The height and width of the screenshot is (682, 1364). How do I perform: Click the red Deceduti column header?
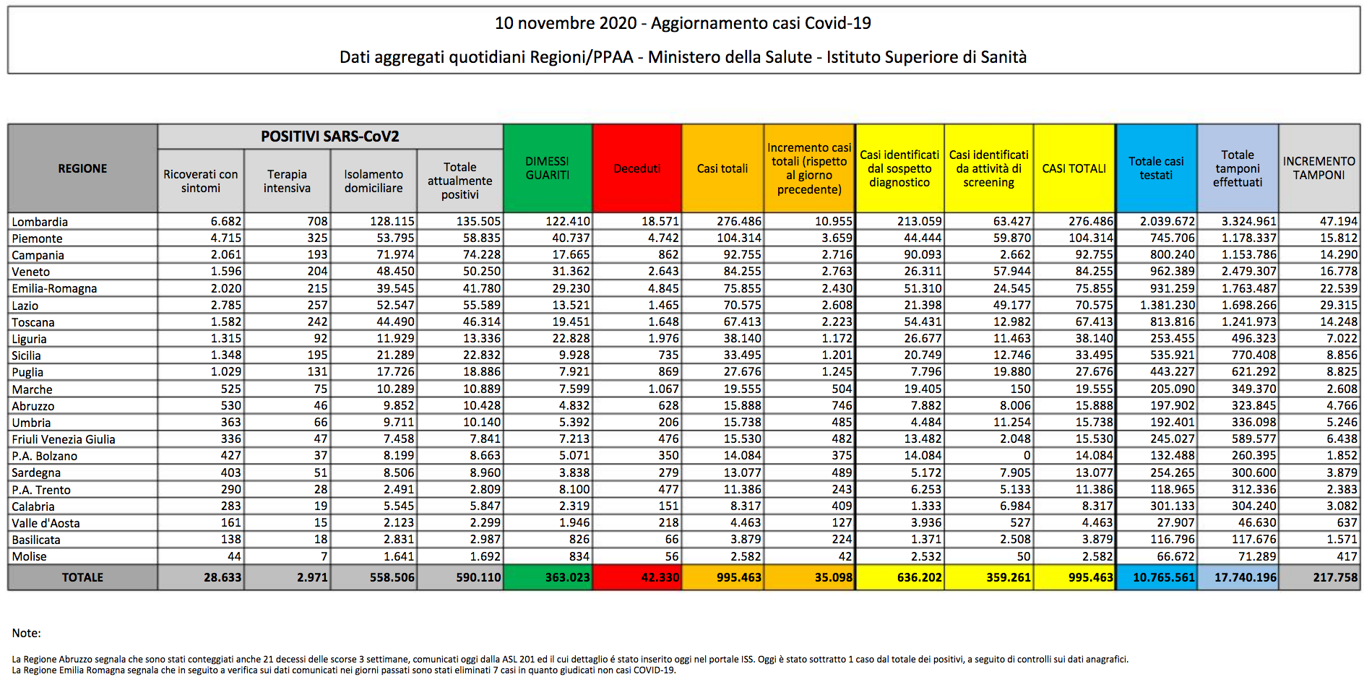click(637, 168)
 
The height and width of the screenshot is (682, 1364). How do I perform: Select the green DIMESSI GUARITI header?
click(548, 168)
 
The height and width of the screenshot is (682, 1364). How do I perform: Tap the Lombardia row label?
click(40, 222)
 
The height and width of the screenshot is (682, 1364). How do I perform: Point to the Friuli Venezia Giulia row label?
click(64, 439)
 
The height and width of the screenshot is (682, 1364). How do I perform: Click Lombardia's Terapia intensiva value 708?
click(317, 221)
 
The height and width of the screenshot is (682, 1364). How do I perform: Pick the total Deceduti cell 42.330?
click(660, 577)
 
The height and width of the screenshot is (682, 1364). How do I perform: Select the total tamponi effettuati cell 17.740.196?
click(1246, 577)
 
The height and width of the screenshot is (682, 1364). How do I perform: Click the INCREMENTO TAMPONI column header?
click(1319, 168)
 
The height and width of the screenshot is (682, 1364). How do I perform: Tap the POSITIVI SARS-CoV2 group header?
click(330, 137)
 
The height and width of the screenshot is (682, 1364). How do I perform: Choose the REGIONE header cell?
click(82, 168)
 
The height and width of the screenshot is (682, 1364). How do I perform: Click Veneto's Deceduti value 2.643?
click(663, 271)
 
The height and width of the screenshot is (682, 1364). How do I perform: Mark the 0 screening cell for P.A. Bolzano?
click(1027, 455)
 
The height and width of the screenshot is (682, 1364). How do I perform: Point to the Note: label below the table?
click(27, 633)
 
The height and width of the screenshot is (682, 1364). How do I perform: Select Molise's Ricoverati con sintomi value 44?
click(234, 556)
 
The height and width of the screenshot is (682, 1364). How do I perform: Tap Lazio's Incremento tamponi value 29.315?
click(1339, 305)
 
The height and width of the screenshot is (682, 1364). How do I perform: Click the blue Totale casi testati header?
click(1156, 168)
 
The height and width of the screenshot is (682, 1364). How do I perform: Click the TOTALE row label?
click(82, 577)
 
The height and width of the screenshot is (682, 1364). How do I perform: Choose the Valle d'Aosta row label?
click(46, 523)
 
